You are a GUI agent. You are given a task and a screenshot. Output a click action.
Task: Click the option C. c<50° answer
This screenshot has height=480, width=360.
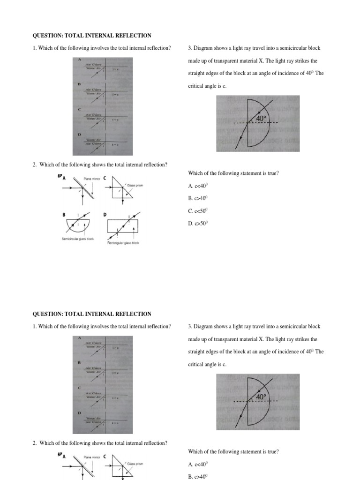[197, 211]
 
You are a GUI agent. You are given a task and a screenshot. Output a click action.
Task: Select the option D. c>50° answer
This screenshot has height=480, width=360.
[197, 224]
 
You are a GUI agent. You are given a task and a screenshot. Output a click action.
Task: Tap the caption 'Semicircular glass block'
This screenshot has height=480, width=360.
[78, 239]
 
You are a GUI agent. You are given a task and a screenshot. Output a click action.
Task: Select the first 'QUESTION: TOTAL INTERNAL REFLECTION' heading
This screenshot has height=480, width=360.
[91, 36]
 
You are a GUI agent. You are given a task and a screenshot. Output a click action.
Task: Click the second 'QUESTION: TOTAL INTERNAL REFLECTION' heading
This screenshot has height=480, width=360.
[91, 314]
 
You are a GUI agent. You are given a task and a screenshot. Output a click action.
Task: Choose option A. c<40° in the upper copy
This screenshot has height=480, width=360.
[197, 186]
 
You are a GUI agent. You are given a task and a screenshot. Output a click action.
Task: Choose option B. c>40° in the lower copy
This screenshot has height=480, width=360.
[197, 477]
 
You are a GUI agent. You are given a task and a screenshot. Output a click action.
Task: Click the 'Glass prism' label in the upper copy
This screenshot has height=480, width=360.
[134, 186]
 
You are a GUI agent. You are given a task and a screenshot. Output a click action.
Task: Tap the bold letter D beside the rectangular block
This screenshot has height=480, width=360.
[105, 215]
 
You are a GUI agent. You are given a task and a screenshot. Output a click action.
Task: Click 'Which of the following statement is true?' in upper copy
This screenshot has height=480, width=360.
[233, 173]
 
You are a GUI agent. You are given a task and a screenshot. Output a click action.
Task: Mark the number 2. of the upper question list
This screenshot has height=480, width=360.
[35, 165]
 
